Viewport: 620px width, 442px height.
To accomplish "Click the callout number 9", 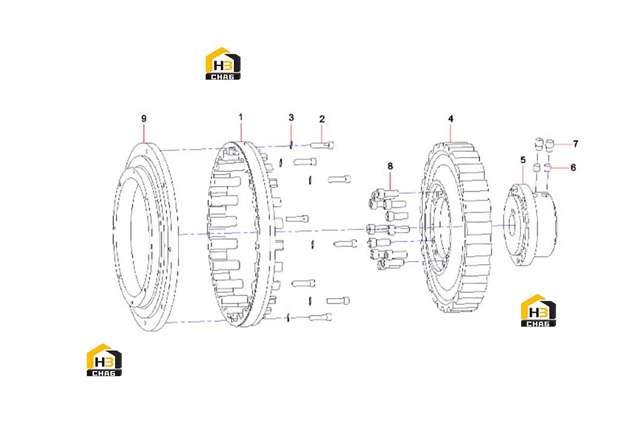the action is tap(144, 119).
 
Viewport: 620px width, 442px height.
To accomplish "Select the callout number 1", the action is tap(241, 118).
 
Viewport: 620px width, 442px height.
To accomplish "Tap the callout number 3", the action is tap(291, 118).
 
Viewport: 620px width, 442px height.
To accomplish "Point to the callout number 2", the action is tap(322, 119).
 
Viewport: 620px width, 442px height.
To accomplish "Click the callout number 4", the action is tap(451, 119).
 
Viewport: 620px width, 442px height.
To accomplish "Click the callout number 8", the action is tap(390, 166).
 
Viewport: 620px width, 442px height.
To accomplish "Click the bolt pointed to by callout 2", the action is tap(322, 146).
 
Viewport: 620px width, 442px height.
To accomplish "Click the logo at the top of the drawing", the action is tap(223, 64).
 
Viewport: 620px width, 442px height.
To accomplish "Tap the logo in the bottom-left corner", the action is tap(104, 360).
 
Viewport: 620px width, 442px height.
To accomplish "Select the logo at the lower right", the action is tap(538, 310).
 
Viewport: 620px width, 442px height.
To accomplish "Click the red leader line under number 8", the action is tap(391, 181).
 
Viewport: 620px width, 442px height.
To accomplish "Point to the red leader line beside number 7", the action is tap(562, 144).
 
